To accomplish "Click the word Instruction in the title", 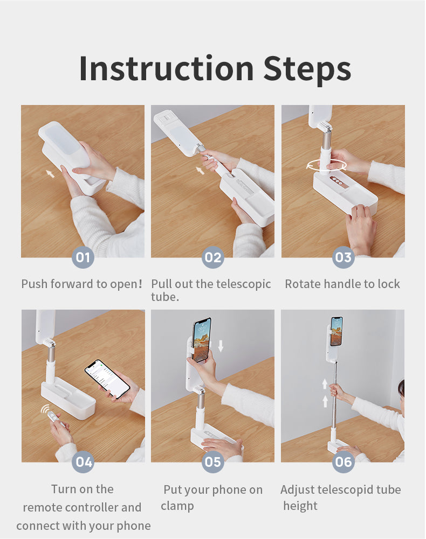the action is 166,69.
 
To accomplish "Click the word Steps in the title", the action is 307,70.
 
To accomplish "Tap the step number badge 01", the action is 83,257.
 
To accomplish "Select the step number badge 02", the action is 213,257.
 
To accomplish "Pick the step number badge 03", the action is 343,257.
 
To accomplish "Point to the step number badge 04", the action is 83,461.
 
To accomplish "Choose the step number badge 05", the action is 213,461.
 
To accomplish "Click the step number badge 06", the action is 343,461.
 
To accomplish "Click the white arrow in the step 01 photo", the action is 50,173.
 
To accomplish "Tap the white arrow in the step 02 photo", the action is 200,170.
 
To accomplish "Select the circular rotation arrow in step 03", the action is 326,165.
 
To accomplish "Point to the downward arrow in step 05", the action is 221,346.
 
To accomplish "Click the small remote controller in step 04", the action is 53,417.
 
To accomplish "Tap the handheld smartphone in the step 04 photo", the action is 107,379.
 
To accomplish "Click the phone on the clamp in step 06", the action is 336,331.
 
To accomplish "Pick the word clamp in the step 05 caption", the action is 177,506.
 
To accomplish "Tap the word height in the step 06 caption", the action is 300,506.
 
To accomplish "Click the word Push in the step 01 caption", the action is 34,284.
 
